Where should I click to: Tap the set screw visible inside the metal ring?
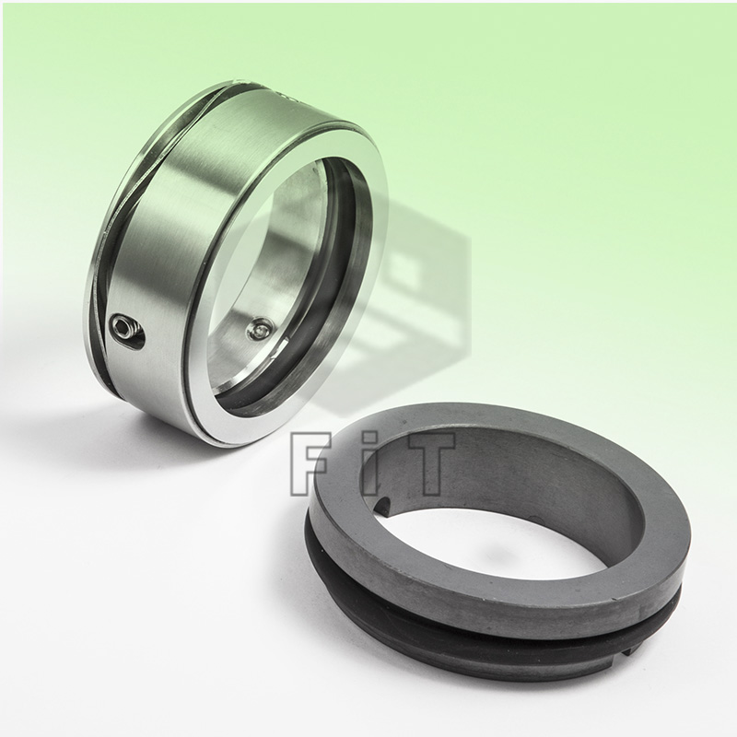tap(263, 325)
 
